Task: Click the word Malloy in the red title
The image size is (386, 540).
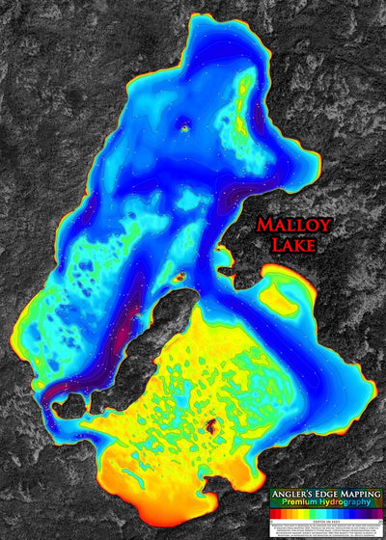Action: tap(294, 226)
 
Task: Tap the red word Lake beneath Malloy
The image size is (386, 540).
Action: tap(293, 247)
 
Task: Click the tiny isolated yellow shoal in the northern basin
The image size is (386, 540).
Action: tap(186, 124)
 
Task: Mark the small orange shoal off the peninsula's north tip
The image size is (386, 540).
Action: tap(179, 277)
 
